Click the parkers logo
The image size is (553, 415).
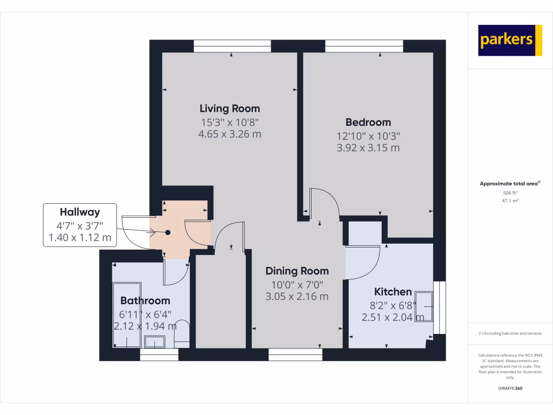coord(510,40)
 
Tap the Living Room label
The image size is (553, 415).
coord(230,108)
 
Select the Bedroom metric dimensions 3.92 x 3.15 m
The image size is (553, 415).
coord(368,148)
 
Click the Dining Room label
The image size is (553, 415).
coord(297,271)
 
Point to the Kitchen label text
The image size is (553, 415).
coord(393,292)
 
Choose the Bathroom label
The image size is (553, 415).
coord(145,300)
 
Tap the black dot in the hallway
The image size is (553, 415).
coord(168,232)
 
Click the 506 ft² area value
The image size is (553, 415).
coord(510,192)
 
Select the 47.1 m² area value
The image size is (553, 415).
coord(510,200)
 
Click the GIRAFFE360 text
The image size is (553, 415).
coord(510,389)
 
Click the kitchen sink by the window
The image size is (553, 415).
coord(424,306)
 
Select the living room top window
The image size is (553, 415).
coord(232,47)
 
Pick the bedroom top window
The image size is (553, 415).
coord(364,47)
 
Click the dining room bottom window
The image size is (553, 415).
coord(295,354)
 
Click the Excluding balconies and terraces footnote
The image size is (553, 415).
coord(510,333)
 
